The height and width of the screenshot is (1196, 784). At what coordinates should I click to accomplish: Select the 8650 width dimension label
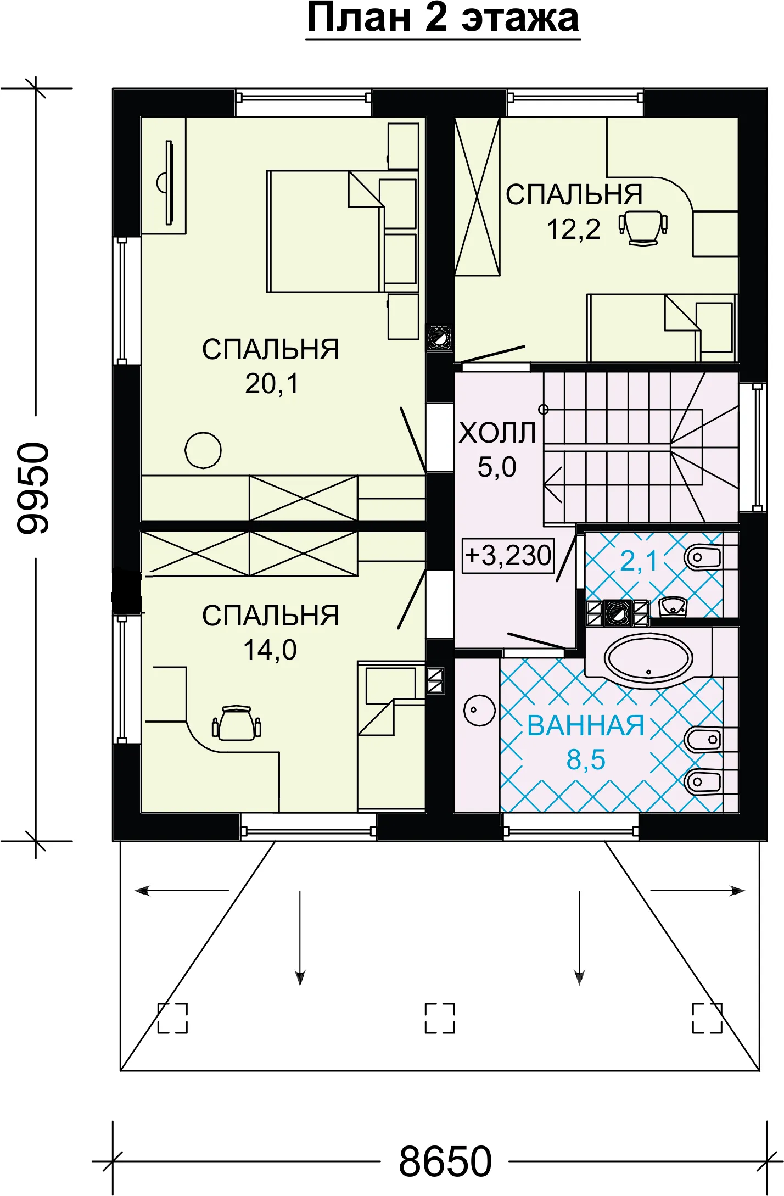445,1162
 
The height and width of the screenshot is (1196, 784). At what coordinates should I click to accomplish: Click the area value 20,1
272,383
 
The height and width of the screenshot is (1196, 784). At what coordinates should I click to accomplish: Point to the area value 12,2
573,229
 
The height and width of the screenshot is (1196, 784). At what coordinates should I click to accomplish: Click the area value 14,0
270,650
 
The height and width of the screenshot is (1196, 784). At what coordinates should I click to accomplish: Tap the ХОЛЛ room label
497,433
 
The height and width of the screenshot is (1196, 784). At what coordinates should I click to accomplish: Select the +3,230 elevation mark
508,555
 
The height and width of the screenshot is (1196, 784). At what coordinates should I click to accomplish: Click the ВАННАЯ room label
586,725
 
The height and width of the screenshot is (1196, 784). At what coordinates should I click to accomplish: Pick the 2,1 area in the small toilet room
639,561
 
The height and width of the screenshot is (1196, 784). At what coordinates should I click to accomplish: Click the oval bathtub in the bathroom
648,658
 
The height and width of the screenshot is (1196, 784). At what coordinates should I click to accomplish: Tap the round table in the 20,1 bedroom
203,450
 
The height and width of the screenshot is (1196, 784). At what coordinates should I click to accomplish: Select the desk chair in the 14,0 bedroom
237,723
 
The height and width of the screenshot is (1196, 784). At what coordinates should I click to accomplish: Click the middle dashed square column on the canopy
440,1018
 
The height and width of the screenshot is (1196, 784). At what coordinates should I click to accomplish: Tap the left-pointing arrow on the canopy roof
182,891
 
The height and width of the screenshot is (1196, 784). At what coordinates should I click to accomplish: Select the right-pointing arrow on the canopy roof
697,891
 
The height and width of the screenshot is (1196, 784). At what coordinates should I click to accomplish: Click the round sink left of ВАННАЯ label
480,711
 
